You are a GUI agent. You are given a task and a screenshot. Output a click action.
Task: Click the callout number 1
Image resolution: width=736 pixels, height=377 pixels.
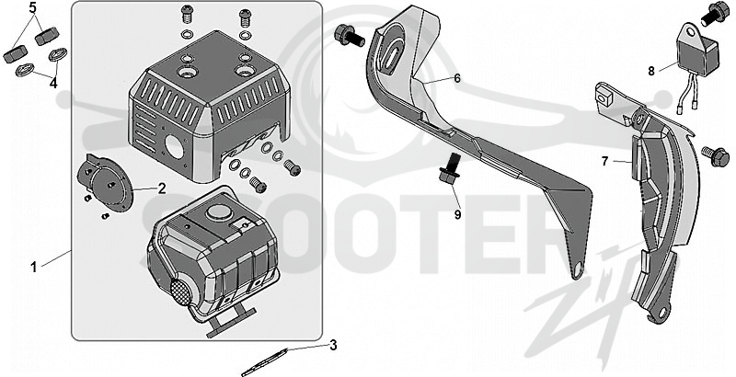33,268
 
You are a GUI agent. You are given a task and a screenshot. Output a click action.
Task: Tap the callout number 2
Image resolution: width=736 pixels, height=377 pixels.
162,188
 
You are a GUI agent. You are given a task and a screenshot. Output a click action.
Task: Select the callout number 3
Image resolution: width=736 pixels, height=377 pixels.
333,346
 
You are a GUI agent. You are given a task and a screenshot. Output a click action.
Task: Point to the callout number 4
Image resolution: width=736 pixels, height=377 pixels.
53,84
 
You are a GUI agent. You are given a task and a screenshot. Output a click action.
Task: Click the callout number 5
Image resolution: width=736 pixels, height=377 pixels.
32,7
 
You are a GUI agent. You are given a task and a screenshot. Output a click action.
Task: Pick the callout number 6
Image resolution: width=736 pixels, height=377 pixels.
457,78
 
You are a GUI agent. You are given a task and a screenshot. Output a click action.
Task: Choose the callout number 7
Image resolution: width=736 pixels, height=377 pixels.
605,161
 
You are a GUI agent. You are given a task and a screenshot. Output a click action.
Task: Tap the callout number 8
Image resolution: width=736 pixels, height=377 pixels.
651,71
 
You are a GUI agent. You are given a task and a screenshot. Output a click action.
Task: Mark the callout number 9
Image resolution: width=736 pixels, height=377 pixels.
457,215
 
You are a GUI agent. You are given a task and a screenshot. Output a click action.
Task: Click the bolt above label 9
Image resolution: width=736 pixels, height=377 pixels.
449,169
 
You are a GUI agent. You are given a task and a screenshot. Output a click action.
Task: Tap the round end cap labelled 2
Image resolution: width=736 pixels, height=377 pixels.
105,182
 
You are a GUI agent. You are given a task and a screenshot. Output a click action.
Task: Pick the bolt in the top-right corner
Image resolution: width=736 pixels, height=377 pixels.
716,14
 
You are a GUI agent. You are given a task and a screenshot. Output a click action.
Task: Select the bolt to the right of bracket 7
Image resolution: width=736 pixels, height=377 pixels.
715,156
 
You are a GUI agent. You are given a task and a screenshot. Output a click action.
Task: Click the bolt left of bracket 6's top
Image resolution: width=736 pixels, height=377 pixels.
349,36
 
